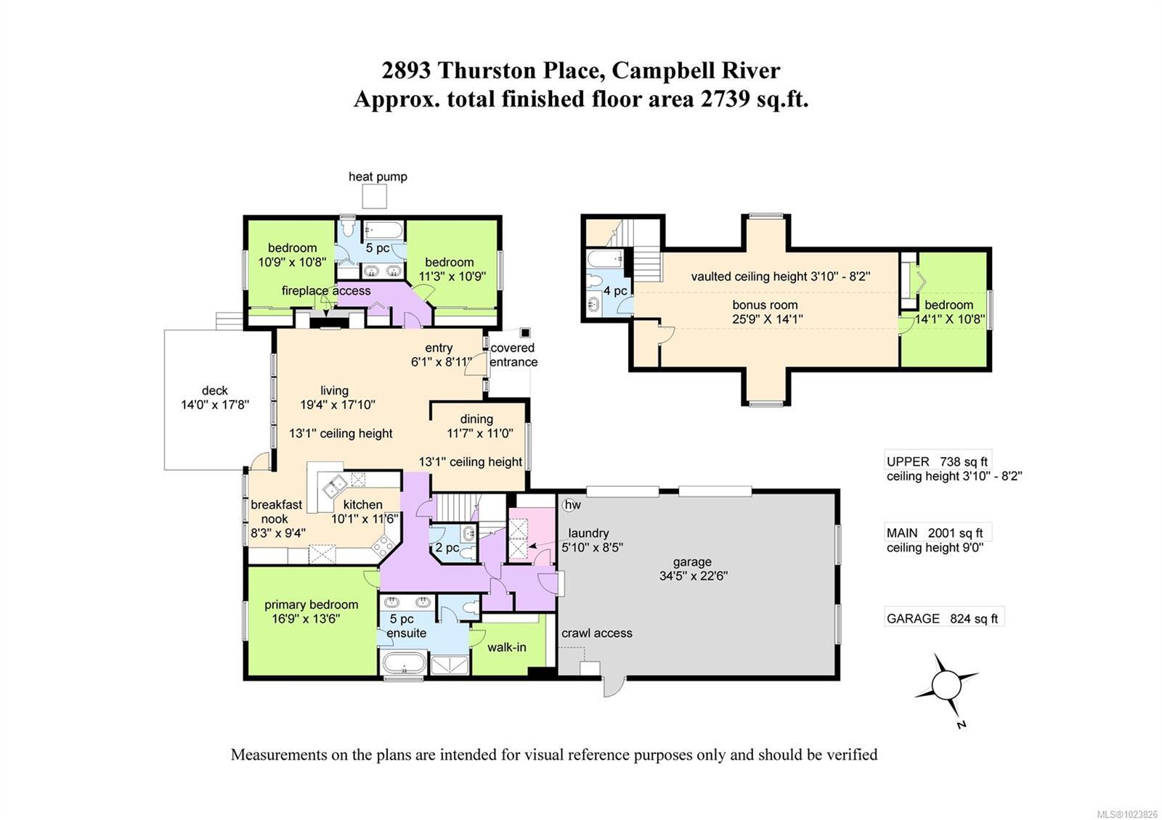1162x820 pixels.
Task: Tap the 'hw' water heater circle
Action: pyautogui.click(x=572, y=504)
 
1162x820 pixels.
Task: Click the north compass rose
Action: pyautogui.click(x=946, y=685)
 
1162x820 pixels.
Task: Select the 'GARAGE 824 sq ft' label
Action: pyautogui.click(x=942, y=618)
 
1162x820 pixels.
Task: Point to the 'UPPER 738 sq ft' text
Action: pyautogui.click(x=937, y=462)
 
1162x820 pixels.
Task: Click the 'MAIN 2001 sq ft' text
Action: pyautogui.click(x=935, y=533)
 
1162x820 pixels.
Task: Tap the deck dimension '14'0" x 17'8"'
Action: pyautogui.click(x=215, y=405)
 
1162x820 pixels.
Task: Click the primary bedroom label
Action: pyautogui.click(x=311, y=604)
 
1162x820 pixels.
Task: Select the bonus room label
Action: pyautogui.click(x=765, y=305)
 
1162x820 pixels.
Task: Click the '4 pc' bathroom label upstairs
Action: pyautogui.click(x=615, y=291)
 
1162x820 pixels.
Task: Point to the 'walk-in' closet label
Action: pyautogui.click(x=506, y=647)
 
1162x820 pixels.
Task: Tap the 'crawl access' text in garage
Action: pyautogui.click(x=596, y=633)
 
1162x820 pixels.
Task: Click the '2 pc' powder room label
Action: pyautogui.click(x=447, y=547)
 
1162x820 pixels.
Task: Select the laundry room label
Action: pyautogui.click(x=588, y=533)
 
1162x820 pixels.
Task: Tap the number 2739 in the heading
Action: pyautogui.click(x=724, y=99)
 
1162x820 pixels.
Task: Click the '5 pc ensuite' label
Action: pyautogui.click(x=407, y=626)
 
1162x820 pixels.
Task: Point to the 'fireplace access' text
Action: pyautogui.click(x=326, y=291)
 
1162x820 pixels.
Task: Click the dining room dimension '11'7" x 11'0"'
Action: pyautogui.click(x=479, y=433)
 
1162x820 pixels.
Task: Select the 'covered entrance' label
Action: pyautogui.click(x=513, y=355)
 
